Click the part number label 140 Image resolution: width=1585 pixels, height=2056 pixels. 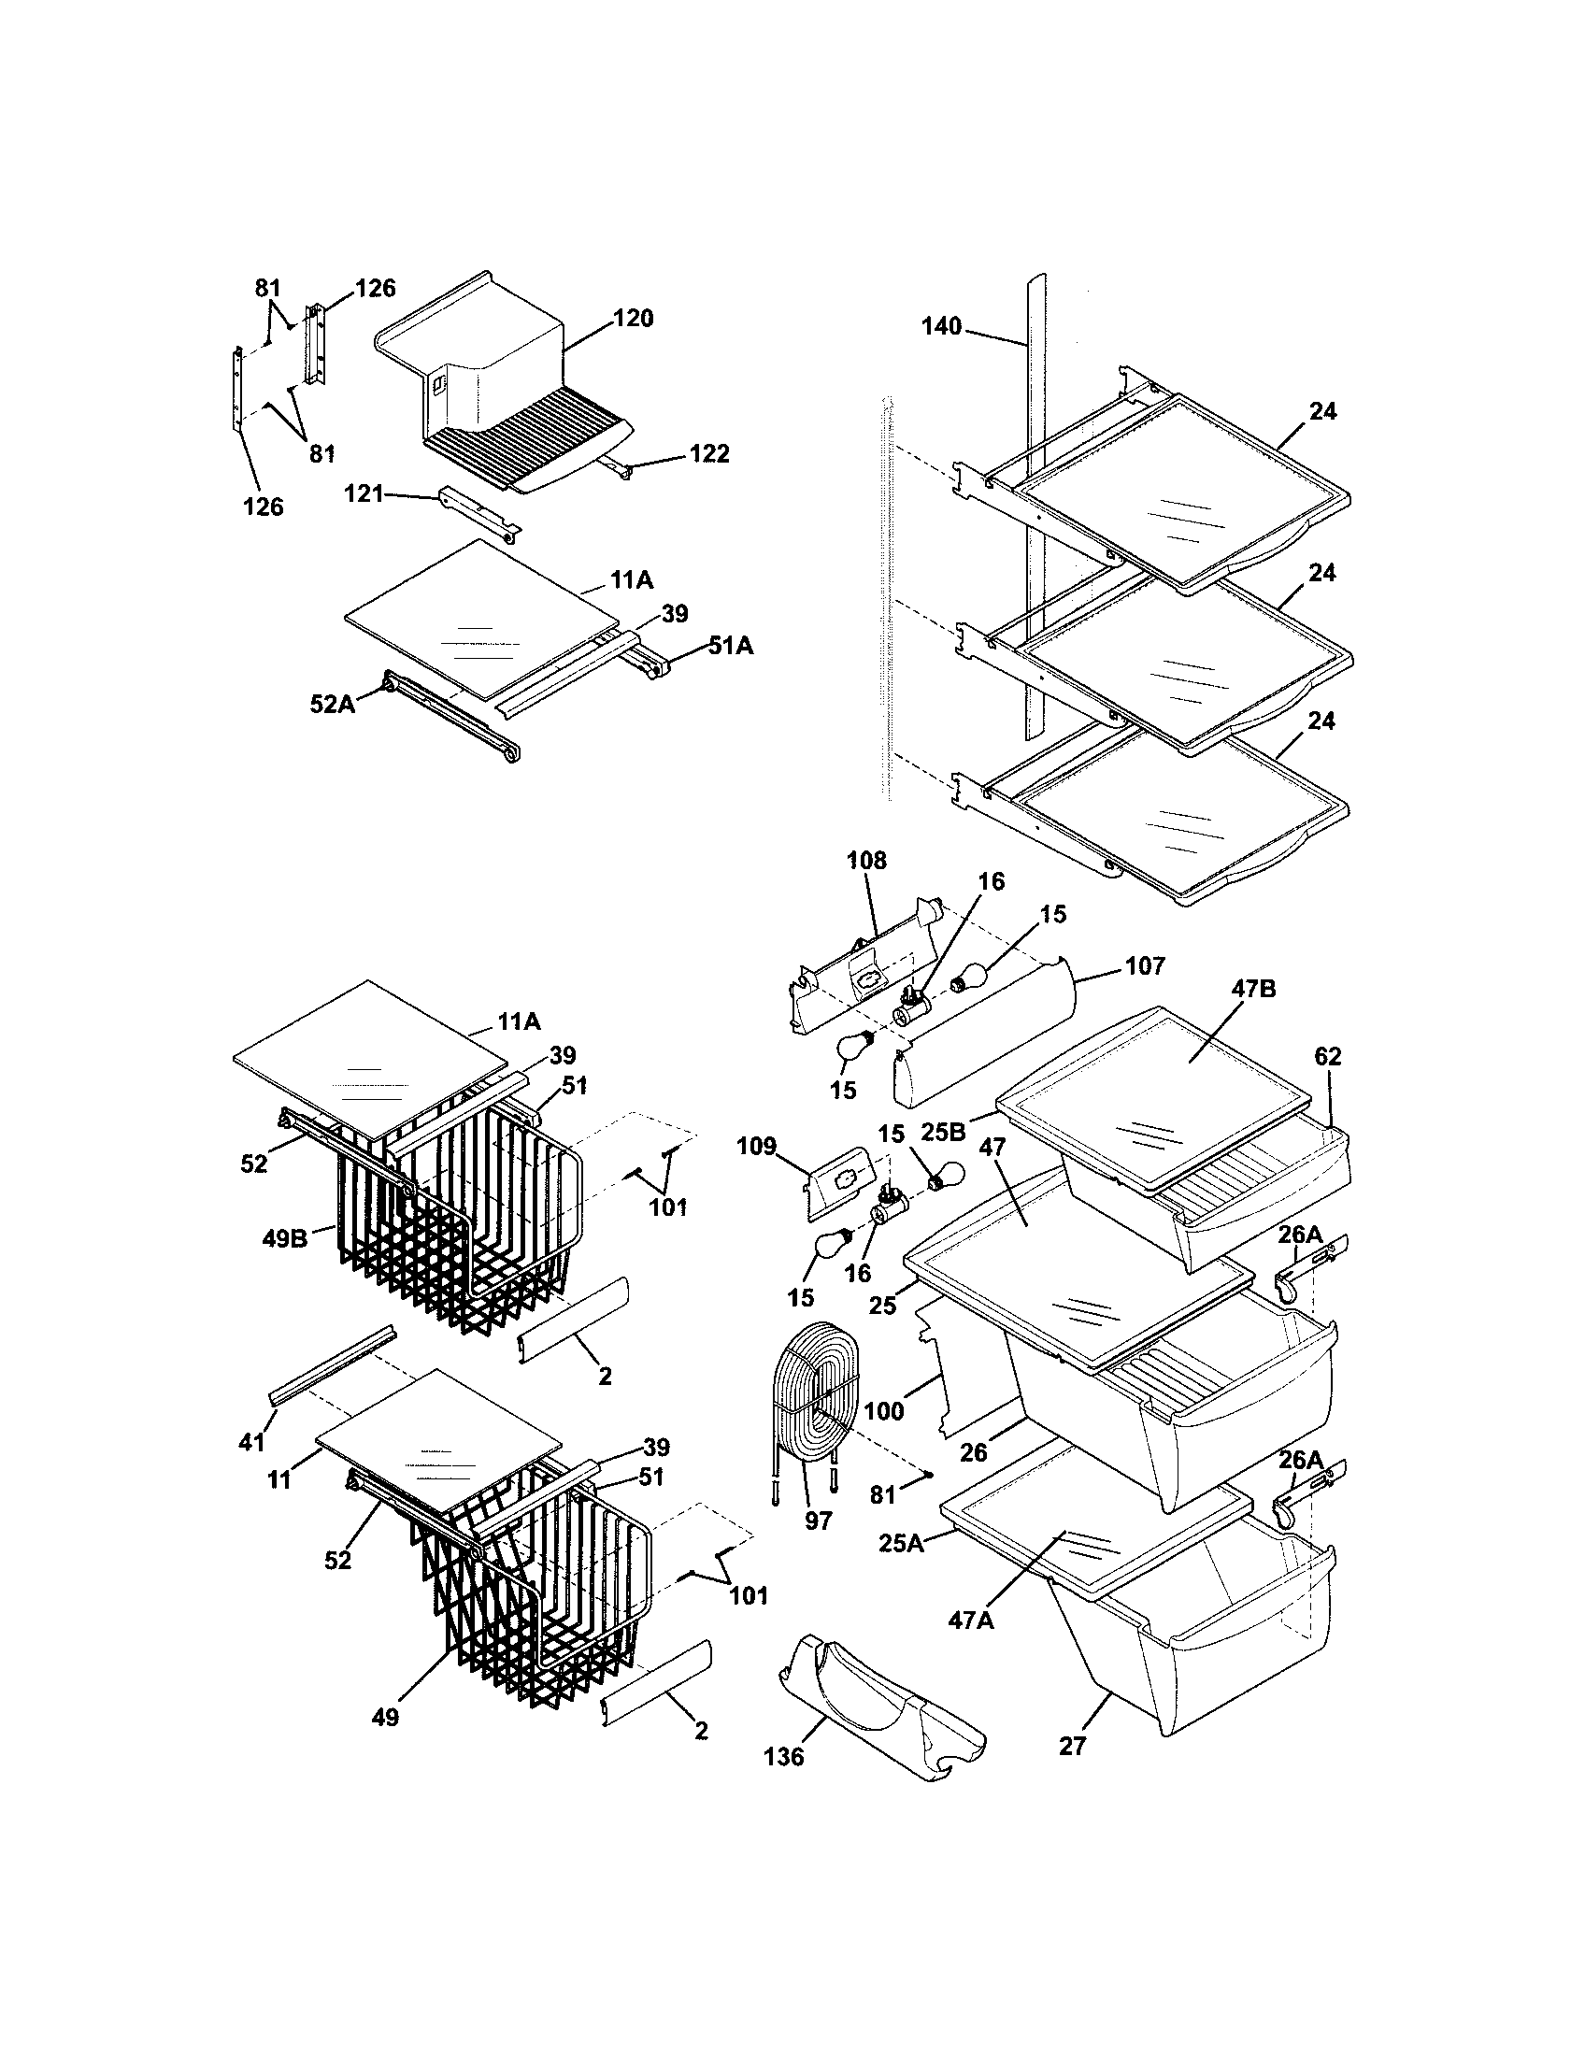(941, 327)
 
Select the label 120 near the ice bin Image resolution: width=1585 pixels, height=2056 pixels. (633, 318)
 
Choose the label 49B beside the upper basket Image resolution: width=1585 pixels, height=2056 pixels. (284, 1239)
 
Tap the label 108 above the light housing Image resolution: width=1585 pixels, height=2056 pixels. (866, 860)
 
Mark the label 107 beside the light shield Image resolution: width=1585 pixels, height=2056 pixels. (1144, 966)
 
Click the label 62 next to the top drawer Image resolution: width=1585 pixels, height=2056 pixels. (1327, 1056)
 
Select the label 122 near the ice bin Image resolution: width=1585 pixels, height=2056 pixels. (708, 454)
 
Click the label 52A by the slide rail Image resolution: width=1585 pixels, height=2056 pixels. (333, 703)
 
